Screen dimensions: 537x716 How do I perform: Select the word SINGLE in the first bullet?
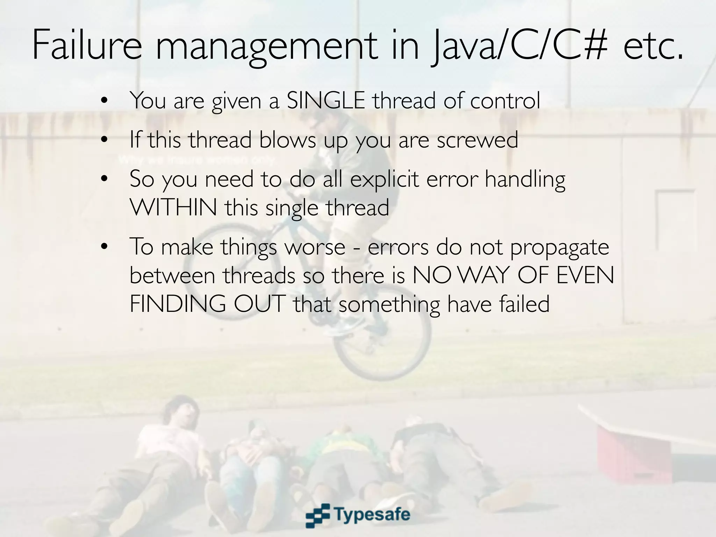coord(326,100)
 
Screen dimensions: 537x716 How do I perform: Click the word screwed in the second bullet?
coord(477,140)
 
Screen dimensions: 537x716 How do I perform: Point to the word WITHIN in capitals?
coord(173,207)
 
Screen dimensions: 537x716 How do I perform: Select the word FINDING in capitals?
coord(178,304)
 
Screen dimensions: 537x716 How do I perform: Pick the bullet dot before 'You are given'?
coord(103,101)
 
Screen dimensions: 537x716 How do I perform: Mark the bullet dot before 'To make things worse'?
coord(103,247)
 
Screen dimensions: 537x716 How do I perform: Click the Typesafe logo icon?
coord(318,515)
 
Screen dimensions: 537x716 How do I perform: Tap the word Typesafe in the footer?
coord(372,514)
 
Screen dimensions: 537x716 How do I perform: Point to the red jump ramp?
coord(626,454)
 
